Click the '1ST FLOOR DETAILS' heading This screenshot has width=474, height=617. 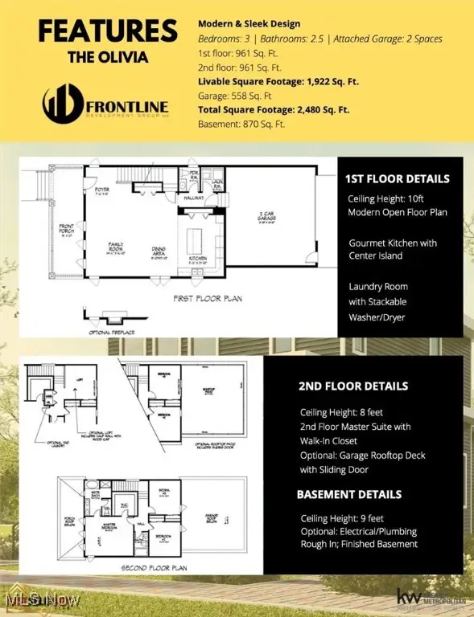398,178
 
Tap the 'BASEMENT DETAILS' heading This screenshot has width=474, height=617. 350,495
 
